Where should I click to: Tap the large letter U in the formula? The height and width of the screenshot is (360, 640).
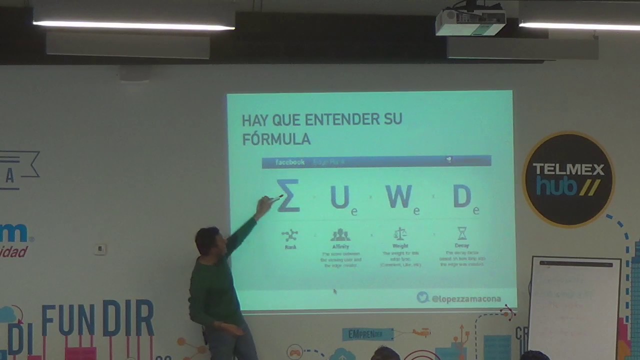[340, 197]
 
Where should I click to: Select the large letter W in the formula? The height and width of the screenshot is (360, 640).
[399, 196]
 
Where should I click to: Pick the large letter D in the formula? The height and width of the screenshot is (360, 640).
[462, 196]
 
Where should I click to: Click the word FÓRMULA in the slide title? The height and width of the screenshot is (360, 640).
[276, 139]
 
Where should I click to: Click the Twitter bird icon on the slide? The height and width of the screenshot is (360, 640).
[423, 297]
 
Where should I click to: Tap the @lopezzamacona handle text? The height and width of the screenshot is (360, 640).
[466, 298]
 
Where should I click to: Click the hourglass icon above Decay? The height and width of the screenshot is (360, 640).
[462, 233]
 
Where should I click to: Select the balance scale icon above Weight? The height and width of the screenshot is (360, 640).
[400, 233]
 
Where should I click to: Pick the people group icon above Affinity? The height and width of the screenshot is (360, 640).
[340, 234]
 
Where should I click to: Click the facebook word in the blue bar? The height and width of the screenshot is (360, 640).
[290, 162]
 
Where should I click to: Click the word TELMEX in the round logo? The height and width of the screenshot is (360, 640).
[568, 169]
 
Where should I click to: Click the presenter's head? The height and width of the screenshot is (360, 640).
[207, 240]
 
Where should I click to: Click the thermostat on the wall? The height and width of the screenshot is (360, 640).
[100, 249]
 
